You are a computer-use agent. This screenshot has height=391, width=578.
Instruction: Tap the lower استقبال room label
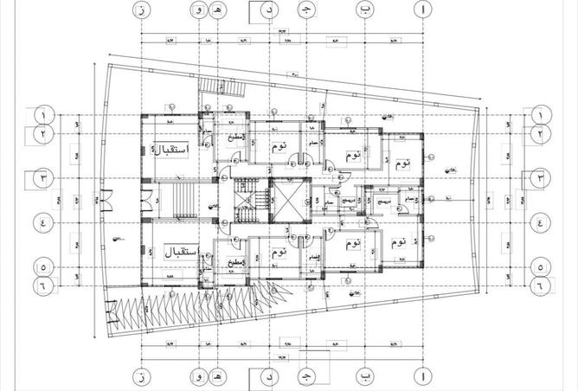click(x=180, y=253)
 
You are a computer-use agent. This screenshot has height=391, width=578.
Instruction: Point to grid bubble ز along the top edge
click(x=139, y=10)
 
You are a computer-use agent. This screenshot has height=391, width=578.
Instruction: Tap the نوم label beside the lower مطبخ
click(x=278, y=253)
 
